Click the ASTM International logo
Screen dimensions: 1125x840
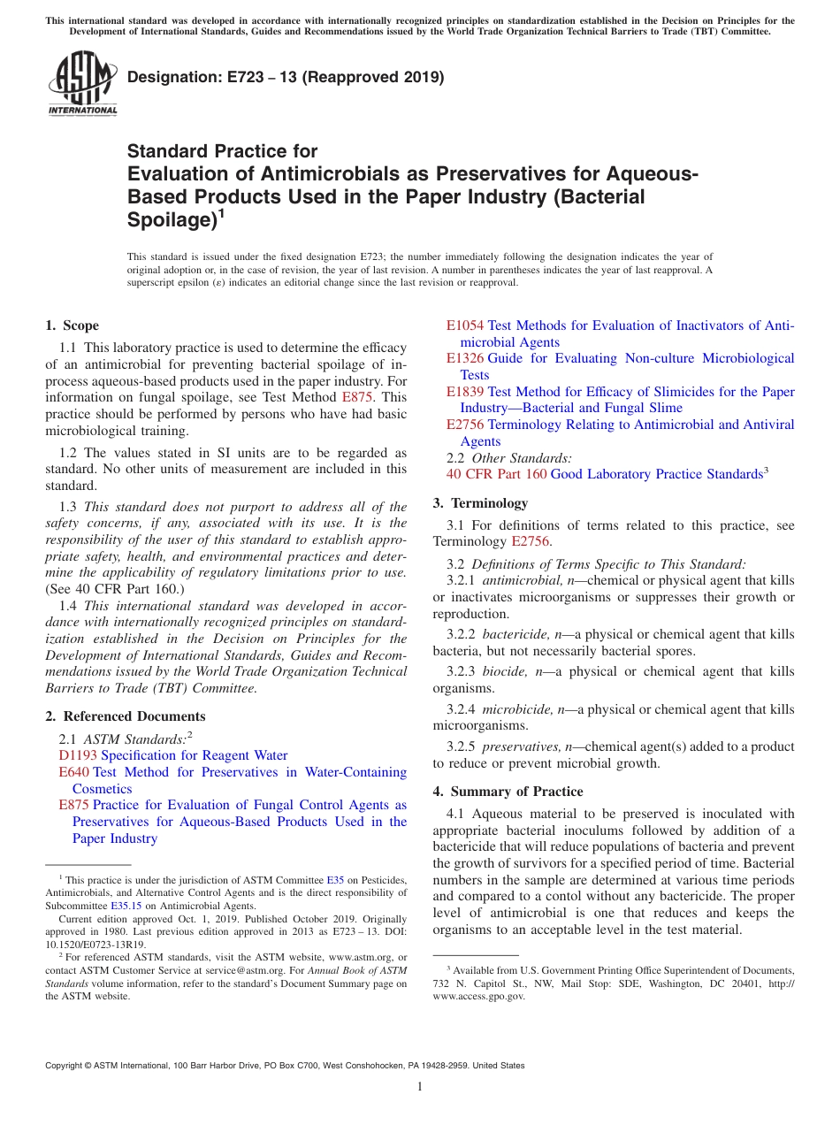pyautogui.click(x=81, y=84)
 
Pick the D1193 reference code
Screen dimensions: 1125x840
pyautogui.click(x=78, y=755)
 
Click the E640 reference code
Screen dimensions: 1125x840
pyautogui.click(x=73, y=772)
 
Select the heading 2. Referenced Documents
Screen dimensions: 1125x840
pyautogui.click(x=126, y=716)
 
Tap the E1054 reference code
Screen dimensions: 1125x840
pyautogui.click(x=465, y=325)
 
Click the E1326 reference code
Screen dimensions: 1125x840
pyautogui.click(x=465, y=358)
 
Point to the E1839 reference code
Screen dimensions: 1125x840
pyautogui.click(x=465, y=392)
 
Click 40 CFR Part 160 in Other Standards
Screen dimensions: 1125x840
pyautogui.click(x=496, y=474)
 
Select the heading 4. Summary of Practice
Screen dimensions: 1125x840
pyautogui.click(x=508, y=792)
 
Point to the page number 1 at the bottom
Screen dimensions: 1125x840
pyautogui.click(x=420, y=1087)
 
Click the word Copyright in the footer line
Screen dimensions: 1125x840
pyautogui.click(x=65, y=1066)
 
